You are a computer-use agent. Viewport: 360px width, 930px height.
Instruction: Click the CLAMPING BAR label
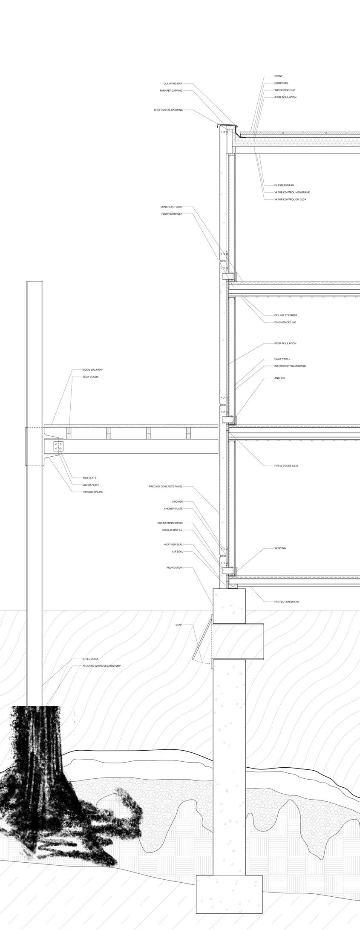click(x=173, y=83)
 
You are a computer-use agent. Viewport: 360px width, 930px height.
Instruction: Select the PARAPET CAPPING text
click(x=171, y=91)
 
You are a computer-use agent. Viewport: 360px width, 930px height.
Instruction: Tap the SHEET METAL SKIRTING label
click(x=168, y=110)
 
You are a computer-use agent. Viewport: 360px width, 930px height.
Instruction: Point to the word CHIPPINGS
click(x=281, y=83)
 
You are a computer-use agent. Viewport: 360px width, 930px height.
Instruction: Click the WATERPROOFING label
click(x=285, y=90)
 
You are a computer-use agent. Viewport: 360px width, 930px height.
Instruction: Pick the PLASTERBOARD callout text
click(x=284, y=185)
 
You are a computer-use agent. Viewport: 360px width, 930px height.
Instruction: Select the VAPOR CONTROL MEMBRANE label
click(x=292, y=192)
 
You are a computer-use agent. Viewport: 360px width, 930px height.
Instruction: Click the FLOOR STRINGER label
click(x=172, y=214)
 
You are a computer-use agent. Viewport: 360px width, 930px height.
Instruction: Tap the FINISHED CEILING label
click(x=285, y=322)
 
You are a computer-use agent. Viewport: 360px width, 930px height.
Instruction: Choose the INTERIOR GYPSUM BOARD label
click(x=290, y=366)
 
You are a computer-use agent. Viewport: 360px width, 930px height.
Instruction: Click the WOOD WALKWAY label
click(x=92, y=370)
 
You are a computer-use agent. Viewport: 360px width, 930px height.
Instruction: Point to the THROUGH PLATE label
click(x=92, y=492)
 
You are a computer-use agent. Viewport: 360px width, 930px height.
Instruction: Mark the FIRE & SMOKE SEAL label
click(x=286, y=466)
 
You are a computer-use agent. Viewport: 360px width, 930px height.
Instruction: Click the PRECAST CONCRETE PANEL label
click(x=166, y=487)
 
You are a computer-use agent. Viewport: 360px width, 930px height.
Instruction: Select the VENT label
click(x=179, y=625)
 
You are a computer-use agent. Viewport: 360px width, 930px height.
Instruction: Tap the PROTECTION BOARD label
click(x=286, y=602)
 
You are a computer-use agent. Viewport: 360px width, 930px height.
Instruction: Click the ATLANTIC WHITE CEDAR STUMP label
click(x=101, y=666)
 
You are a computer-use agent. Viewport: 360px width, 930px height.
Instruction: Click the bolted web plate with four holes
click(x=58, y=446)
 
